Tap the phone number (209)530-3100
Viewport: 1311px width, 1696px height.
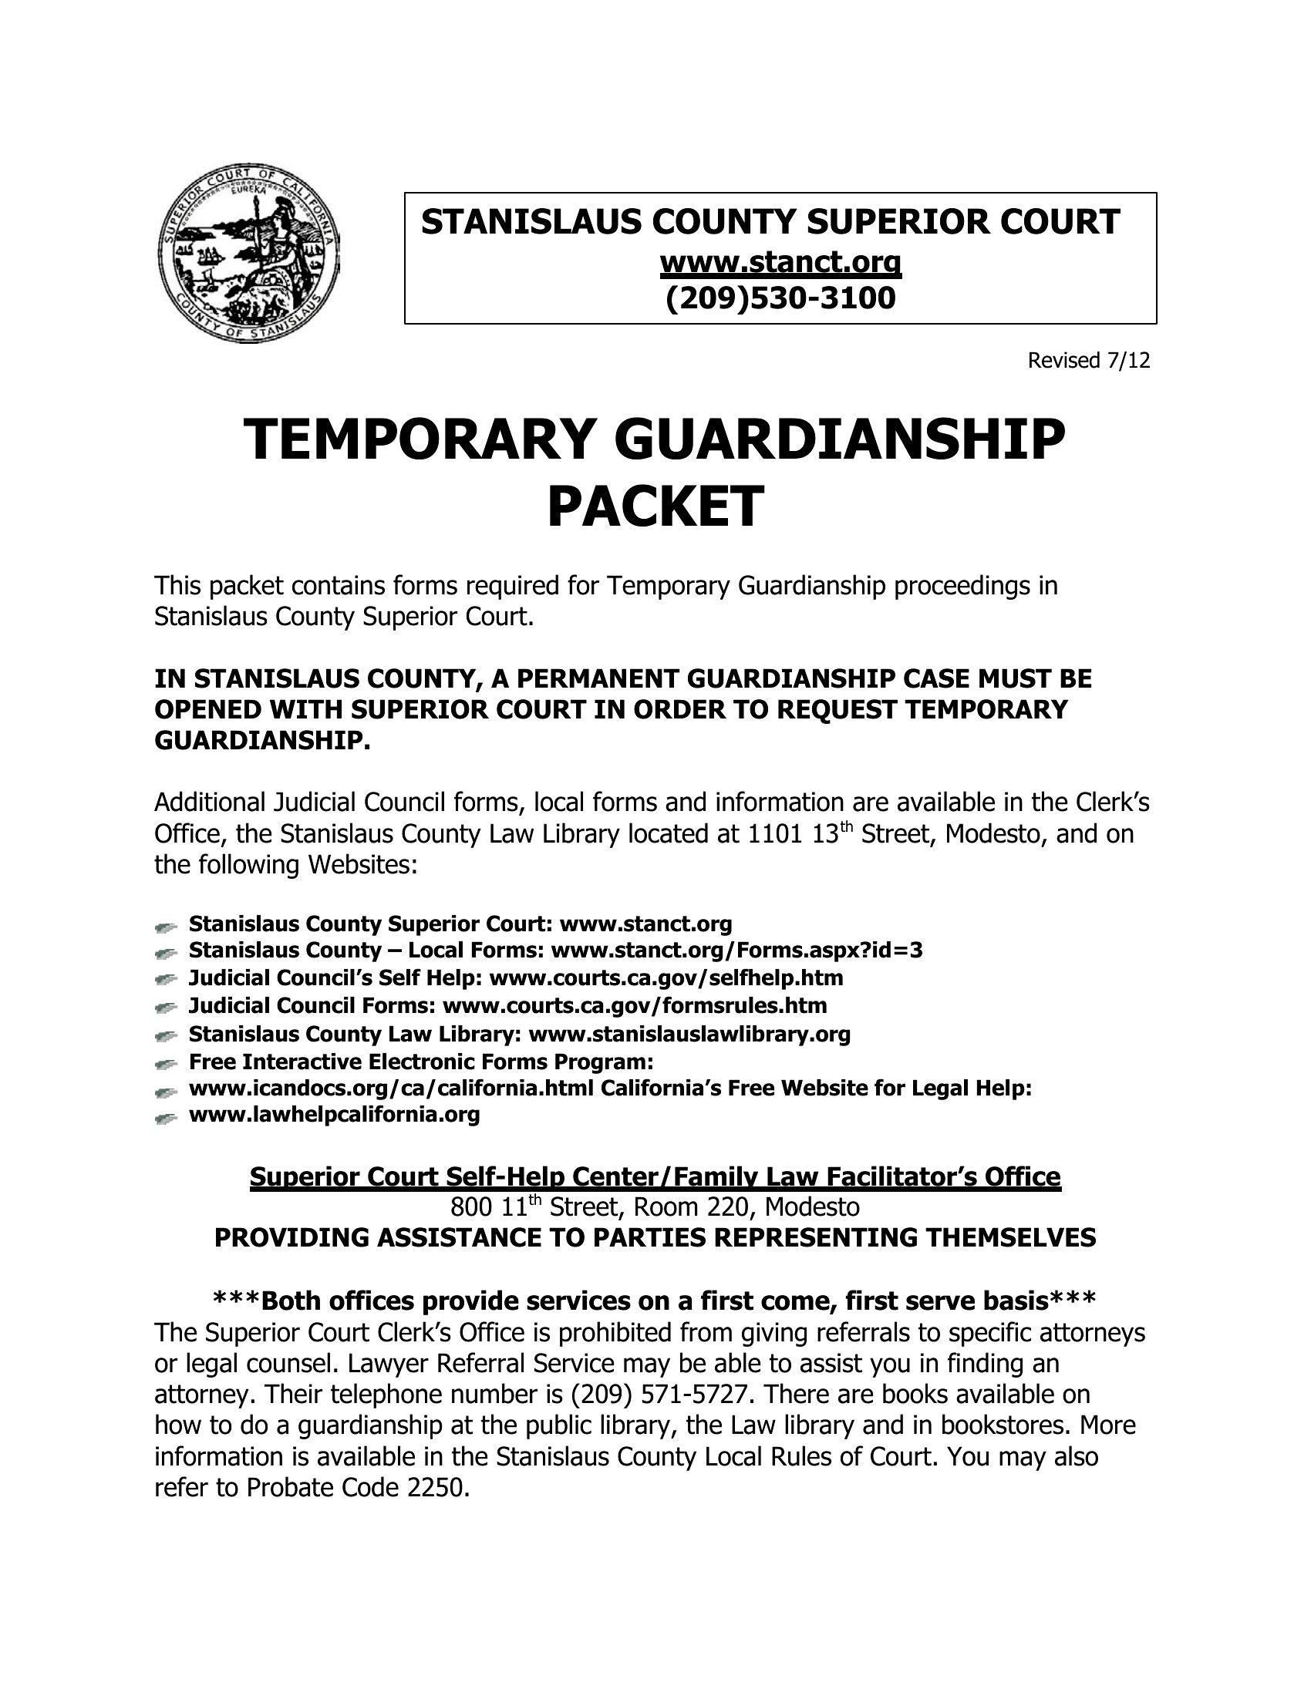coord(780,298)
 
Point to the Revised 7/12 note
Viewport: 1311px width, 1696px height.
coord(1088,361)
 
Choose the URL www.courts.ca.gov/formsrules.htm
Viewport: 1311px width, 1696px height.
coord(635,1005)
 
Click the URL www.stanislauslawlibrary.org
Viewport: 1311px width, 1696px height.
coord(689,1035)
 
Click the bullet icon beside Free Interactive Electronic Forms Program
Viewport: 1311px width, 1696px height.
coord(166,1063)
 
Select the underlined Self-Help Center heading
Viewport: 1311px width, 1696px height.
coord(655,1177)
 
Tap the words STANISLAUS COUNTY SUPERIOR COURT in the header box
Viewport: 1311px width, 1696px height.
coord(770,222)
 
